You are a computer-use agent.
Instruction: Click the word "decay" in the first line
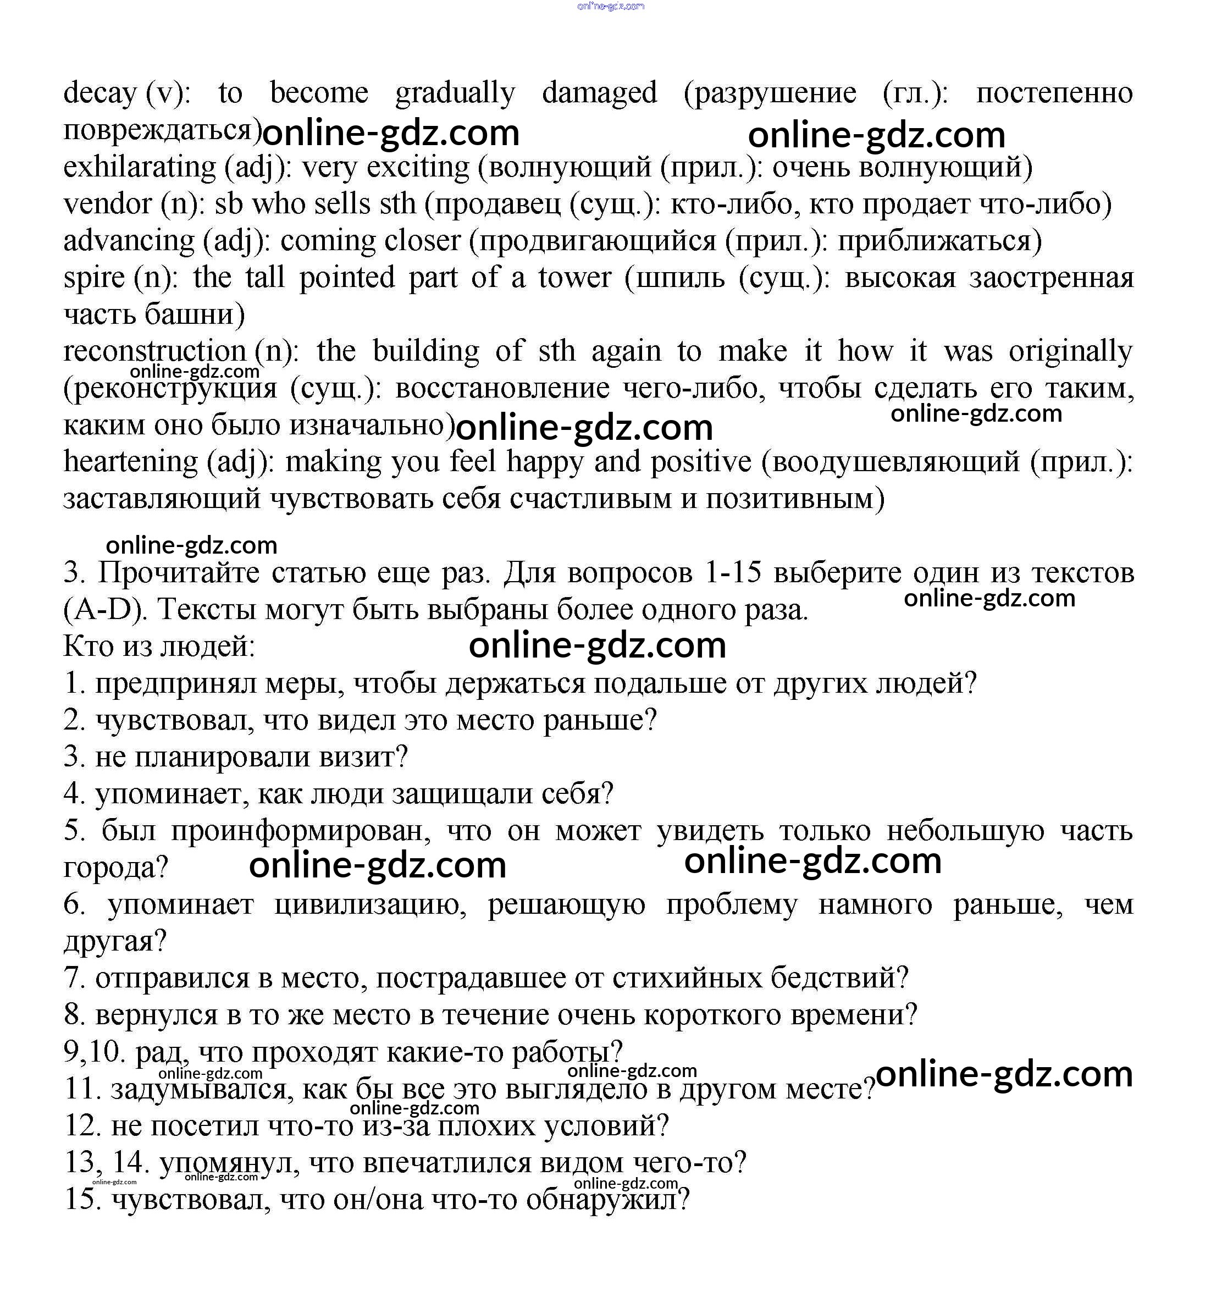(x=99, y=93)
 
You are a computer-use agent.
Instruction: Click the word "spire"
(x=94, y=278)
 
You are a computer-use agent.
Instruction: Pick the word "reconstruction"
(x=154, y=352)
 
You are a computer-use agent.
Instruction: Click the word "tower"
(x=574, y=278)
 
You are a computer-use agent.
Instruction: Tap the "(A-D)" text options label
(x=103, y=610)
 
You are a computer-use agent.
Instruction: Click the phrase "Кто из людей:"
(x=159, y=647)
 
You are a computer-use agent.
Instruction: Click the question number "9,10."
(x=95, y=1052)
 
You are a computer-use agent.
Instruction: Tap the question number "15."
(x=82, y=1200)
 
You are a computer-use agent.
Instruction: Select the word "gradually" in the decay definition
(x=455, y=93)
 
